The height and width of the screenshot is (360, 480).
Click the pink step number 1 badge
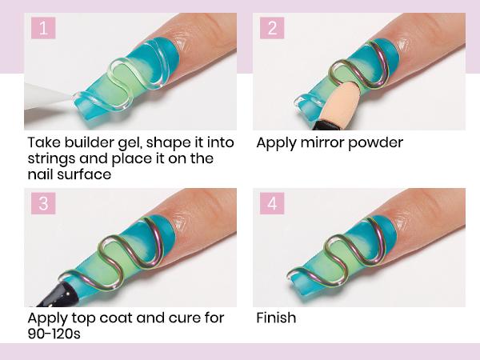43,28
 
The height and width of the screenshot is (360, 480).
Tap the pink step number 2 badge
272,28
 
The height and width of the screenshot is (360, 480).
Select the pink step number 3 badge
43,203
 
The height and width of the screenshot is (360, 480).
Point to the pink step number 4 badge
272,203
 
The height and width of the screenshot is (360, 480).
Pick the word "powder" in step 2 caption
375,143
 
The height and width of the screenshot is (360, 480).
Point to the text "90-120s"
54,334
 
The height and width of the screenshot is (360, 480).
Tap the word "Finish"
276,318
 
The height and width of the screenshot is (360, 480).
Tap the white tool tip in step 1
49,96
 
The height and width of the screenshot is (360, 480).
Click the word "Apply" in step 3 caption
47,318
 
